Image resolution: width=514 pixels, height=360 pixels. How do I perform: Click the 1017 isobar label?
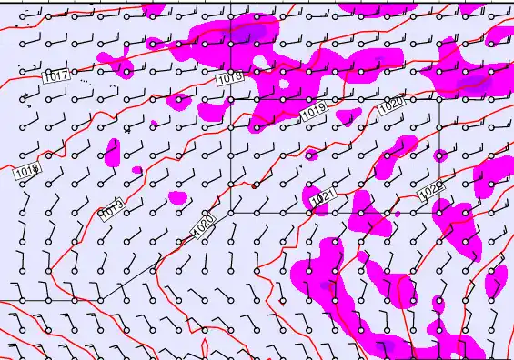(56, 77)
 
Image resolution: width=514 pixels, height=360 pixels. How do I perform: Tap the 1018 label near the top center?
(230, 79)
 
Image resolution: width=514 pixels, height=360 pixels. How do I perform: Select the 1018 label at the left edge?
(26, 170)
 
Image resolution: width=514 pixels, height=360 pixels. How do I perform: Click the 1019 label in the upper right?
(314, 111)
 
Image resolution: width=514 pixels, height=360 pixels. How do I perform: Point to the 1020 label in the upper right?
(390, 105)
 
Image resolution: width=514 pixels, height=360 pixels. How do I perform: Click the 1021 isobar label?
(323, 198)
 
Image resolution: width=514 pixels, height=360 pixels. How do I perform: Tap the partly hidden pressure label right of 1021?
(431, 191)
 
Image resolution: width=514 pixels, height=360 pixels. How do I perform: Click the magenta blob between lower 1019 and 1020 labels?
(177, 197)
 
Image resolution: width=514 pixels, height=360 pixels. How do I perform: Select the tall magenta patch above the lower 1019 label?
(113, 153)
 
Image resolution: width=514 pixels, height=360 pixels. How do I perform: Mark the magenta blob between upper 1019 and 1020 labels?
(347, 116)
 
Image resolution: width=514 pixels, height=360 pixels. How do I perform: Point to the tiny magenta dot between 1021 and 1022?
(398, 214)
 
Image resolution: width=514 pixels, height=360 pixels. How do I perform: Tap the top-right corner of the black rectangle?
(439, 99)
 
